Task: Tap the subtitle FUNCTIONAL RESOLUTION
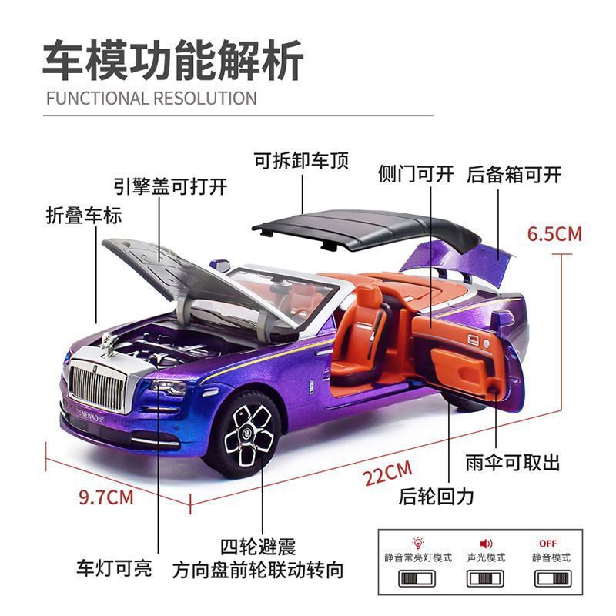[151, 98]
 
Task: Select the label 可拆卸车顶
[301, 160]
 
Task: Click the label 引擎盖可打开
[170, 186]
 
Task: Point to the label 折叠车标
[84, 215]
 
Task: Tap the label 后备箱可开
[514, 174]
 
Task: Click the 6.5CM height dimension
[554, 233]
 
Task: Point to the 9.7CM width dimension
[106, 497]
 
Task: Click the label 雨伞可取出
[513, 463]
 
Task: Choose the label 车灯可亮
[113, 569]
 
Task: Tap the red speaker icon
[486, 544]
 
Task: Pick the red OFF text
[547, 543]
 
